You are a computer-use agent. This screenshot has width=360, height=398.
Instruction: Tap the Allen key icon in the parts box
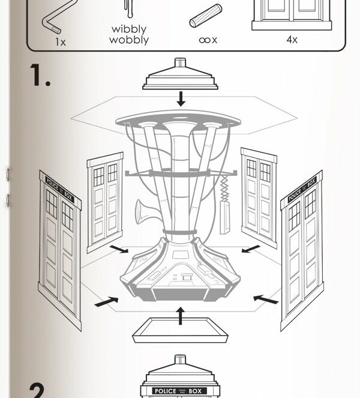[x=52, y=22]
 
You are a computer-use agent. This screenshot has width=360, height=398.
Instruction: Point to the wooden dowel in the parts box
[x=205, y=16]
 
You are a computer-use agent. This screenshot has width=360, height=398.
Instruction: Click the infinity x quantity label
[x=208, y=40]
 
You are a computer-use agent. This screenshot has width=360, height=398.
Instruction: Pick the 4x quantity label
[x=292, y=40]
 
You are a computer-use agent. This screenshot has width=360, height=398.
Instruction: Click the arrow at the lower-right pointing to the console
[x=266, y=298]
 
